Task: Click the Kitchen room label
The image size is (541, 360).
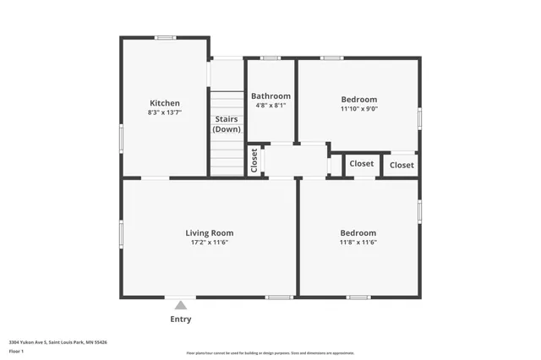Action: pyautogui.click(x=165, y=103)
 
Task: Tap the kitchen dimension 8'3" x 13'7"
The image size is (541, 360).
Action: pyautogui.click(x=165, y=112)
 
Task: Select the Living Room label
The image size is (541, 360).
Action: pyautogui.click(x=210, y=232)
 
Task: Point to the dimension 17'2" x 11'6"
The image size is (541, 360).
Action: pyautogui.click(x=210, y=243)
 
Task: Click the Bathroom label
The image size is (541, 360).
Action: pyautogui.click(x=270, y=96)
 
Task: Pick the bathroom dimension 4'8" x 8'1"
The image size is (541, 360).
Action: pyautogui.click(x=270, y=106)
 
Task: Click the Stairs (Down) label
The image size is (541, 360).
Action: pyautogui.click(x=227, y=124)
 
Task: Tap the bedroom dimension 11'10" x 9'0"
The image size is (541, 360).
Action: pyautogui.click(x=358, y=108)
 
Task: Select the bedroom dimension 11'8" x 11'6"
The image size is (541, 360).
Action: pyautogui.click(x=358, y=243)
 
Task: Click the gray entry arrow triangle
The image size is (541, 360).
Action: pyautogui.click(x=181, y=305)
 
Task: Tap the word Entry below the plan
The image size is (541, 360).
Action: pyautogui.click(x=181, y=319)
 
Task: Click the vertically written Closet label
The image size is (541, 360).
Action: pyautogui.click(x=254, y=161)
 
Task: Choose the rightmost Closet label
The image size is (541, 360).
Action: pyautogui.click(x=402, y=165)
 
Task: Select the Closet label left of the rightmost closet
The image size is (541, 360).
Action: pyautogui.click(x=362, y=163)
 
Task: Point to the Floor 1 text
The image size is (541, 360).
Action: pyautogui.click(x=16, y=350)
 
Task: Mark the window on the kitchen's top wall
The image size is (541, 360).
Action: pyautogui.click(x=166, y=37)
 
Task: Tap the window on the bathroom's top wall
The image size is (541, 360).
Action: pyautogui.click(x=270, y=57)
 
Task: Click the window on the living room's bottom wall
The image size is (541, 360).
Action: pyautogui.click(x=279, y=297)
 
